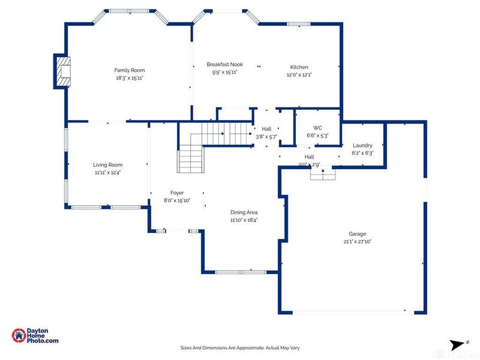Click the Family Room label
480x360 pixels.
(x=130, y=70)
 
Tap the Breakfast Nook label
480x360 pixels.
(x=224, y=64)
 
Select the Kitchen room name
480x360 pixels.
(x=299, y=67)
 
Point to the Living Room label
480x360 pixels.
(x=107, y=164)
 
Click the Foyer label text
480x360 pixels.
(x=176, y=193)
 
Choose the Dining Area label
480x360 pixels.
(x=244, y=212)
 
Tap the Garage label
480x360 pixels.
(x=358, y=234)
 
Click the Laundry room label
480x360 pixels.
(x=362, y=145)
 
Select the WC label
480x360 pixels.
(x=318, y=128)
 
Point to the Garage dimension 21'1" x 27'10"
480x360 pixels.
(x=358, y=242)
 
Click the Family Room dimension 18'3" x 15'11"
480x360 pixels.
(x=130, y=78)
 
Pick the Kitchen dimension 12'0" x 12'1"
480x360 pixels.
(x=299, y=75)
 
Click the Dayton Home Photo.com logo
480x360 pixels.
(x=35, y=336)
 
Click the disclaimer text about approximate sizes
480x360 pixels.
(x=239, y=347)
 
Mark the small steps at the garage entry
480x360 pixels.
(x=322, y=174)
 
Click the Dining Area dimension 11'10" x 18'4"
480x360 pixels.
(x=244, y=220)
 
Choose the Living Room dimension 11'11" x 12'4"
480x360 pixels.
(x=107, y=172)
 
